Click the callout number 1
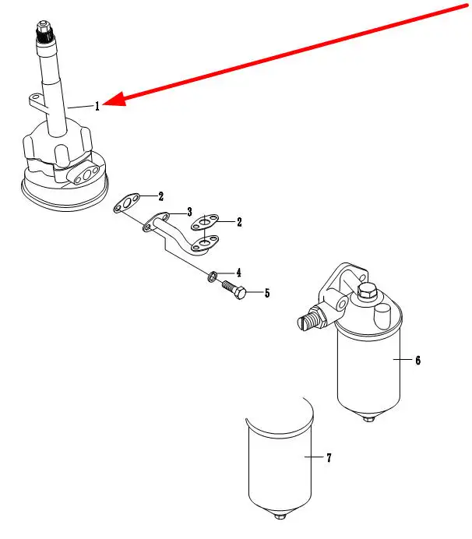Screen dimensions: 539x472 click(97, 107)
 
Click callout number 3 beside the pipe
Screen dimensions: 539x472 click(188, 211)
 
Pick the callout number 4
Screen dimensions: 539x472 click(238, 273)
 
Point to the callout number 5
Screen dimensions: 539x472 click(266, 294)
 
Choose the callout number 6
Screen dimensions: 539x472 click(417, 360)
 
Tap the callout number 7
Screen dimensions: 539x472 click(329, 458)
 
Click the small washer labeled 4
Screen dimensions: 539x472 click(212, 276)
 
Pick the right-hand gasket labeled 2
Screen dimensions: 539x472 click(205, 222)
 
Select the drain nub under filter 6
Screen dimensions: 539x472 click(368, 420)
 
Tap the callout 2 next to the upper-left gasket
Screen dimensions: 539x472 click(160, 196)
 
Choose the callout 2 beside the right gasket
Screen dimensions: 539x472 click(239, 222)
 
